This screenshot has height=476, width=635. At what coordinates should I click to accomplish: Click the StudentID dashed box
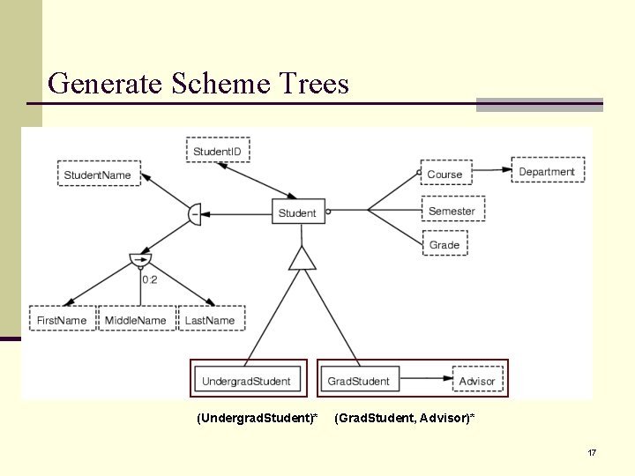[218, 151]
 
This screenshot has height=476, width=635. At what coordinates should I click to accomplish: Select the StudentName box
[98, 175]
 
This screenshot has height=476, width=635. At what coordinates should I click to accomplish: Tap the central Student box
[297, 212]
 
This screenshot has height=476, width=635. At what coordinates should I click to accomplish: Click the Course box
[444, 174]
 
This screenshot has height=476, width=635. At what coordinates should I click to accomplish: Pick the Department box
[547, 171]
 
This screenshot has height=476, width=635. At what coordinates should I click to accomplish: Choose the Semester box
[452, 211]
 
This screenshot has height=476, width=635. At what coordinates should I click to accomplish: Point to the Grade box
[444, 244]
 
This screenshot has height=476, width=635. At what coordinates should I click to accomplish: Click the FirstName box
[62, 320]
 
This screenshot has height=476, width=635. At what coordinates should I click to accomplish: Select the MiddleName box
[136, 320]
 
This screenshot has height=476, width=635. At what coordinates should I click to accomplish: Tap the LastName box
[210, 320]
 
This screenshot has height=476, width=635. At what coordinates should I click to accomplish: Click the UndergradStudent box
[246, 381]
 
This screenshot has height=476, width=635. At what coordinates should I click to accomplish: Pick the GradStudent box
[358, 381]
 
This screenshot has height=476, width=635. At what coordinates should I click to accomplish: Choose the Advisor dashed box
[477, 381]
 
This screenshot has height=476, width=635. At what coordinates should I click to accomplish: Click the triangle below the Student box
[302, 258]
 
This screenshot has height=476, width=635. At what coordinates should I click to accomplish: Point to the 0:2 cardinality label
[150, 279]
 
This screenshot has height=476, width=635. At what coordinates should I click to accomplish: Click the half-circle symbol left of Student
[195, 213]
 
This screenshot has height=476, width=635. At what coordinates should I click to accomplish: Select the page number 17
[592, 452]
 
